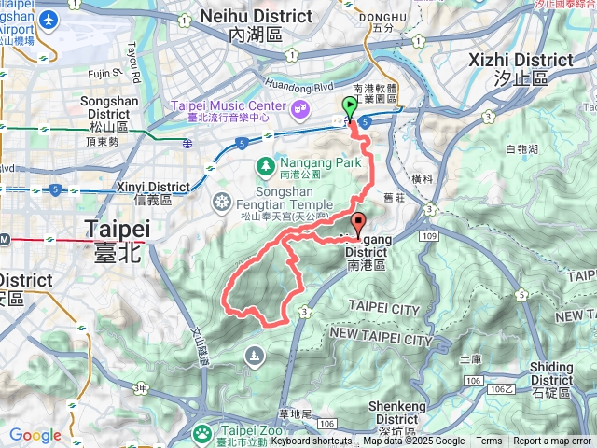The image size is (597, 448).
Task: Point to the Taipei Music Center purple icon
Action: click(300, 108)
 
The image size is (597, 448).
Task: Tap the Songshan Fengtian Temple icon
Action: click(221, 202)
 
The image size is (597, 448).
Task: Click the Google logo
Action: click(35, 435)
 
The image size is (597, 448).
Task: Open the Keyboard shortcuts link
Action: click(312, 441)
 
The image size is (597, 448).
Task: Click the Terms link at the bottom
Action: click(489, 441)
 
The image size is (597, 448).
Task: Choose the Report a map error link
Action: click(552, 441)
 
